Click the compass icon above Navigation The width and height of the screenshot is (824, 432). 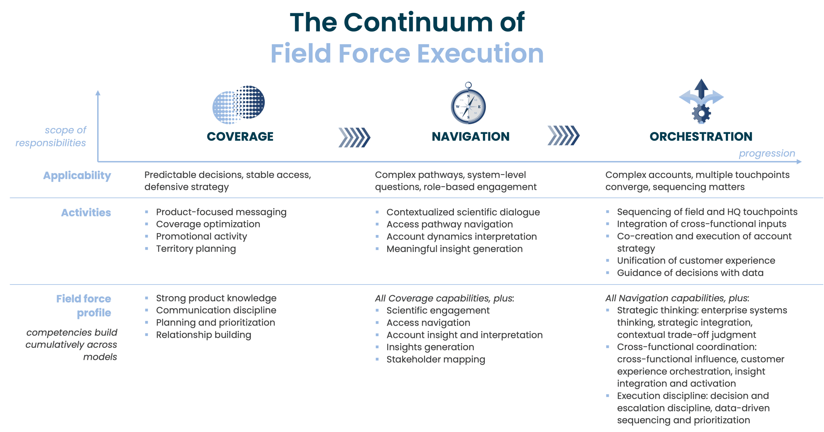pos(468,106)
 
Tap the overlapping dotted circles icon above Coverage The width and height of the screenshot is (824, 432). pos(239,105)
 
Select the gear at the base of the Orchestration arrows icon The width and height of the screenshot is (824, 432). pos(701,114)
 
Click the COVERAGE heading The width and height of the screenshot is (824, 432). pos(240,136)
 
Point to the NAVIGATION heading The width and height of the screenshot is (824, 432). pos(471,136)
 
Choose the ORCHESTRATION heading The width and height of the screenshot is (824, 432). pos(701,136)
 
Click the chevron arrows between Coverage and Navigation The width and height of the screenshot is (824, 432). pos(354,137)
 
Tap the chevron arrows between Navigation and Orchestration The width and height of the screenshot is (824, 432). pos(564,136)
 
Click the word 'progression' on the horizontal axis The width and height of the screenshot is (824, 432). pos(767,154)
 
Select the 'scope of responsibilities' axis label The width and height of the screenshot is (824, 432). pos(51,136)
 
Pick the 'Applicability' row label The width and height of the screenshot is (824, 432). pos(77,175)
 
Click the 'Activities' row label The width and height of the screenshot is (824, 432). pos(86,212)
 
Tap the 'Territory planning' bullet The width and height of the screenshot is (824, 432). pos(196,249)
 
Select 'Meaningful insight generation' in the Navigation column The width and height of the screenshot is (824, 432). pos(454,249)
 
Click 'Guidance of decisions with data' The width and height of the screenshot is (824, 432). pos(690,273)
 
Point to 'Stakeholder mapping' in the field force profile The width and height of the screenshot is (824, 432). pos(435,359)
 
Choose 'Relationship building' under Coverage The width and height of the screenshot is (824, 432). pos(203,335)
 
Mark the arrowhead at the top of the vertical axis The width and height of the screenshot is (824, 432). pos(98,93)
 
